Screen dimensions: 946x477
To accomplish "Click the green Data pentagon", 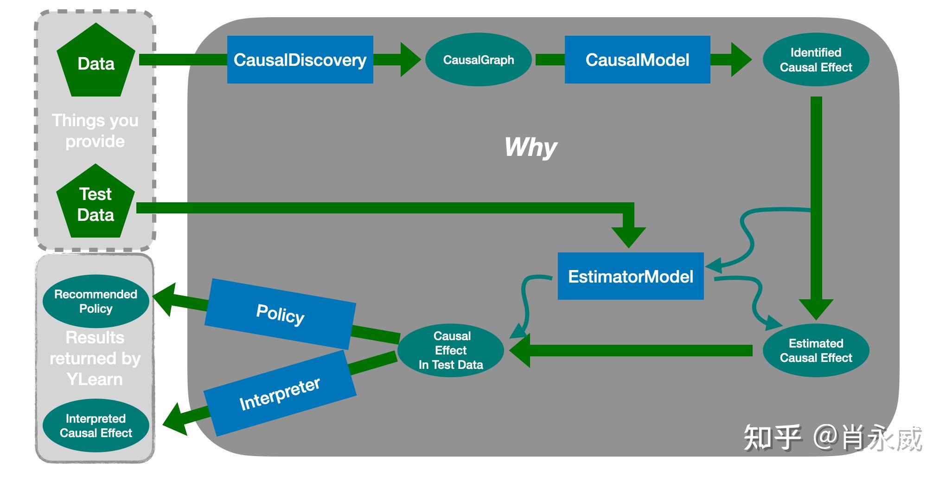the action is click(x=96, y=61).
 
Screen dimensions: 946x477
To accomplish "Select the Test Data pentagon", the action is click(x=96, y=203).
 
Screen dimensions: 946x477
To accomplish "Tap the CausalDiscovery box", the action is click(x=300, y=59).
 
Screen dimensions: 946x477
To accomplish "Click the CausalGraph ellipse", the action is click(x=479, y=59).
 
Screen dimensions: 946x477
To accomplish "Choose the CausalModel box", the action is click(x=637, y=59).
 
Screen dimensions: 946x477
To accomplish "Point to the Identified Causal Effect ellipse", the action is click(x=816, y=59).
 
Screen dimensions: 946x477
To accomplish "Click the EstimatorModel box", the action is click(x=631, y=276).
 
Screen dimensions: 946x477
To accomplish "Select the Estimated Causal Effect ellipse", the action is click(x=816, y=350).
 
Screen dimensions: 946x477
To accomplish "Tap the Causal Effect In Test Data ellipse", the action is click(x=451, y=350).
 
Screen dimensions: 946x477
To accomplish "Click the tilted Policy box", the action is click(x=280, y=314).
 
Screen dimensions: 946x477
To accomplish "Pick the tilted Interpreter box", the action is click(x=280, y=393).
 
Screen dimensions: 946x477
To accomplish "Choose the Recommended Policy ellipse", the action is click(x=96, y=301).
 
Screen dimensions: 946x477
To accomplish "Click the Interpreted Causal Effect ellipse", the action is click(x=96, y=425).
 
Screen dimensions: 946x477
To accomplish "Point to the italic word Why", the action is click(x=531, y=148).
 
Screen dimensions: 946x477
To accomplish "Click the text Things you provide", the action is click(x=95, y=130).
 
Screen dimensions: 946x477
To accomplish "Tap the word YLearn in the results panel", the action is click(x=95, y=379).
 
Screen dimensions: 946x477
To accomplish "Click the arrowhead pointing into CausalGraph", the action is click(x=410, y=59).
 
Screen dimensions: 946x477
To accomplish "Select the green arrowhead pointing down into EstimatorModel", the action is click(x=628, y=238).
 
